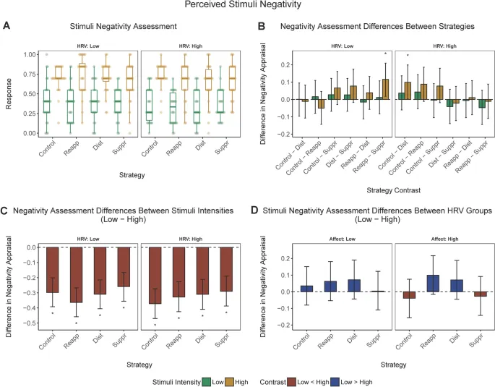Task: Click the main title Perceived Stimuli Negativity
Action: (247, 7)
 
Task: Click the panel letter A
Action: (7, 26)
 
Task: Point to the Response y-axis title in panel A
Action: (9, 93)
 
